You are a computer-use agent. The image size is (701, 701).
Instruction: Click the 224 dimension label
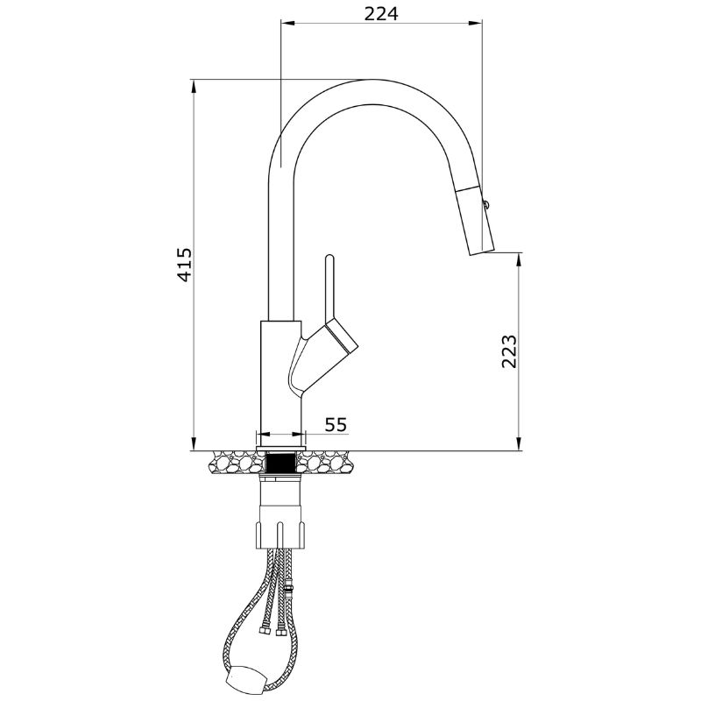380,14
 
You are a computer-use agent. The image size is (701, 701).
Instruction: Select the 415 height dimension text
184,265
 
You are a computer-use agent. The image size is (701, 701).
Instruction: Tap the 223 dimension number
509,351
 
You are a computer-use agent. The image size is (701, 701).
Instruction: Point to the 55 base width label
336,424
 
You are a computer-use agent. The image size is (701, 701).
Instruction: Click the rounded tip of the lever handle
330,257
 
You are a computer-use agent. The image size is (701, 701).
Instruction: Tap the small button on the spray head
486,205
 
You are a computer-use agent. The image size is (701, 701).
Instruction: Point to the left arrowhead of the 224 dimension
287,23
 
